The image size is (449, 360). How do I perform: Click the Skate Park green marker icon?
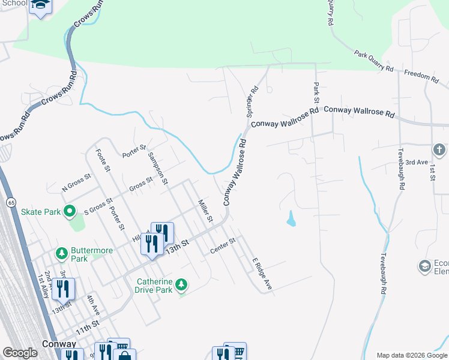(69, 211)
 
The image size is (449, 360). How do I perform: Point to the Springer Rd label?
(252, 101)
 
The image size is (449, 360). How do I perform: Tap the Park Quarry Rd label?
(373, 62)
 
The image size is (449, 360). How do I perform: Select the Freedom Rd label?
(421, 76)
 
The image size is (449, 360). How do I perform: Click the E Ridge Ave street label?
(262, 274)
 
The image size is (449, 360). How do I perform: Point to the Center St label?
(223, 246)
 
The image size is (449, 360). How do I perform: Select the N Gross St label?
(76, 183)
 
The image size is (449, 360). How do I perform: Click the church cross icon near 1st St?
(439, 149)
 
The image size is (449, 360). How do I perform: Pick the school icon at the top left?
(41, 5)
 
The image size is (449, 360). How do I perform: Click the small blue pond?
(291, 219)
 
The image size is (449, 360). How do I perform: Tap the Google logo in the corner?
(20, 353)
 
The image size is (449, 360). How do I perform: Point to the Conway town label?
(59, 344)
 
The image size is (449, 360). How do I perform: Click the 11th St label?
(87, 328)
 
